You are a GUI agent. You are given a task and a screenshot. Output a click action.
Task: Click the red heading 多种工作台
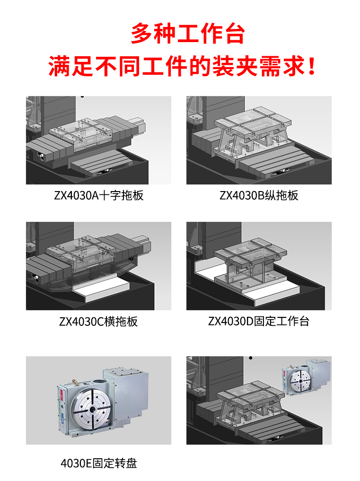point(187,34)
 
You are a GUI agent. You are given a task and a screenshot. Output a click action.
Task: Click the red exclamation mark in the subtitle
point(312,66)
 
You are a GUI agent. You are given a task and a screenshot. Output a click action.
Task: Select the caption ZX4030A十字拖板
point(99,195)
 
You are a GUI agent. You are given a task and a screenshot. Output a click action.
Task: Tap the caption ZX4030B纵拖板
point(259,195)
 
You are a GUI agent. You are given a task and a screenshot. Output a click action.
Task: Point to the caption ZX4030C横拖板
point(98,321)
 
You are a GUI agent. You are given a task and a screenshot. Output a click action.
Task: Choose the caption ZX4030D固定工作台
point(259,321)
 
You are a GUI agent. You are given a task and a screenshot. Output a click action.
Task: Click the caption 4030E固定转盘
point(99,463)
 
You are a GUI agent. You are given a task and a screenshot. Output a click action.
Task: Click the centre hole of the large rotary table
point(92,410)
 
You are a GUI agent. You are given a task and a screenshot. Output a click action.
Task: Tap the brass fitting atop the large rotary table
point(74,382)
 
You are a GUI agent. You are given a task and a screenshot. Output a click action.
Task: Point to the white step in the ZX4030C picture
point(101,289)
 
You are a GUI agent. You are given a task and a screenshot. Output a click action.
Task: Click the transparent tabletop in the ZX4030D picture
point(250,252)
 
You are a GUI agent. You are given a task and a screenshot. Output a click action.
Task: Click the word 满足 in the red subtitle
point(71,66)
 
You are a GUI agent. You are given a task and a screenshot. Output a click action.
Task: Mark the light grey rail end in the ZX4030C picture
point(144,244)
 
